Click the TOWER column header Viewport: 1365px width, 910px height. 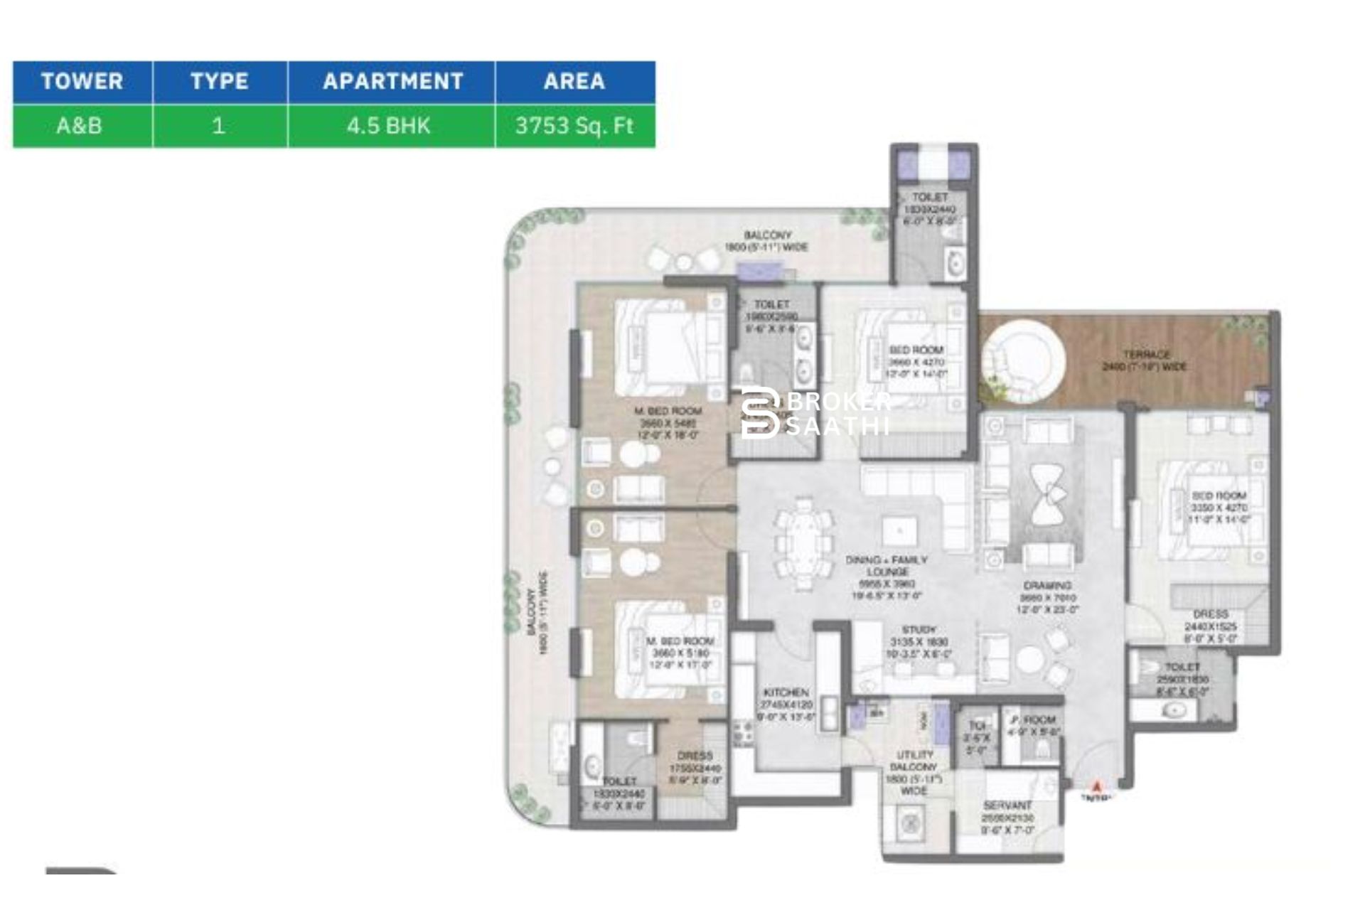[82, 82]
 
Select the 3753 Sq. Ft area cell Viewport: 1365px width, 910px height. [574, 126]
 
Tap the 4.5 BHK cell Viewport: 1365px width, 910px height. [389, 126]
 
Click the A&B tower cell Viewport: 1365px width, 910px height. [79, 126]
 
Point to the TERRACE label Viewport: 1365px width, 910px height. [1145, 360]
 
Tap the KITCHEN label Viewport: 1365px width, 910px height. [786, 704]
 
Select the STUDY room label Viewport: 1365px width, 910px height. [919, 641]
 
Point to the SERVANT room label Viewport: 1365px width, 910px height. [1007, 817]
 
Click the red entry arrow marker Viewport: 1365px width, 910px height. [1096, 787]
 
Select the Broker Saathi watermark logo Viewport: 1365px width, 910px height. [815, 412]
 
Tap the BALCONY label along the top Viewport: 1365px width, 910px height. [766, 241]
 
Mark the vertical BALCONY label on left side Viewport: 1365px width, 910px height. [537, 611]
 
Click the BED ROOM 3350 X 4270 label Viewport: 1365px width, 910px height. [1219, 507]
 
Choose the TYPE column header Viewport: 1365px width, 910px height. [219, 82]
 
